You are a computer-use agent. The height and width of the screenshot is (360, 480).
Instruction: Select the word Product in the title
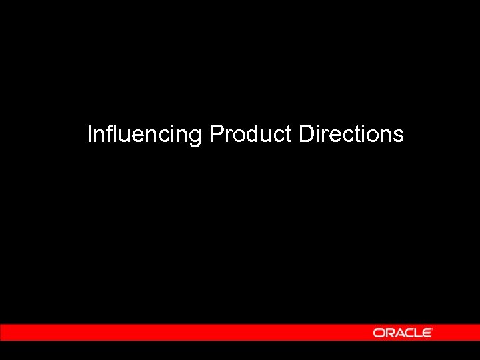tap(251, 135)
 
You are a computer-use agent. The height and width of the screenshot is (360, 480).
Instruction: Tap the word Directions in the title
tap(351, 135)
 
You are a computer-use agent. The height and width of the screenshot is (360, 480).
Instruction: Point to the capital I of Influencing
tap(90, 135)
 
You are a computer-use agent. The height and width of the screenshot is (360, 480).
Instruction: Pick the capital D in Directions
tap(306, 135)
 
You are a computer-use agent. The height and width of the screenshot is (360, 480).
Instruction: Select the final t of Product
tap(289, 135)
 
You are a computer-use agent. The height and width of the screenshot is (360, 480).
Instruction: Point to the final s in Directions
tap(399, 136)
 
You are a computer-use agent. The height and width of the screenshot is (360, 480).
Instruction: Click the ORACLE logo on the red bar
tap(403, 332)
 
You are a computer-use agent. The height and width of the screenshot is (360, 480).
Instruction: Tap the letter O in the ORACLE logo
tap(379, 332)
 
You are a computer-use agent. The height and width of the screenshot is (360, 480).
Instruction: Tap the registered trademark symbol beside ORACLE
tap(433, 329)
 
